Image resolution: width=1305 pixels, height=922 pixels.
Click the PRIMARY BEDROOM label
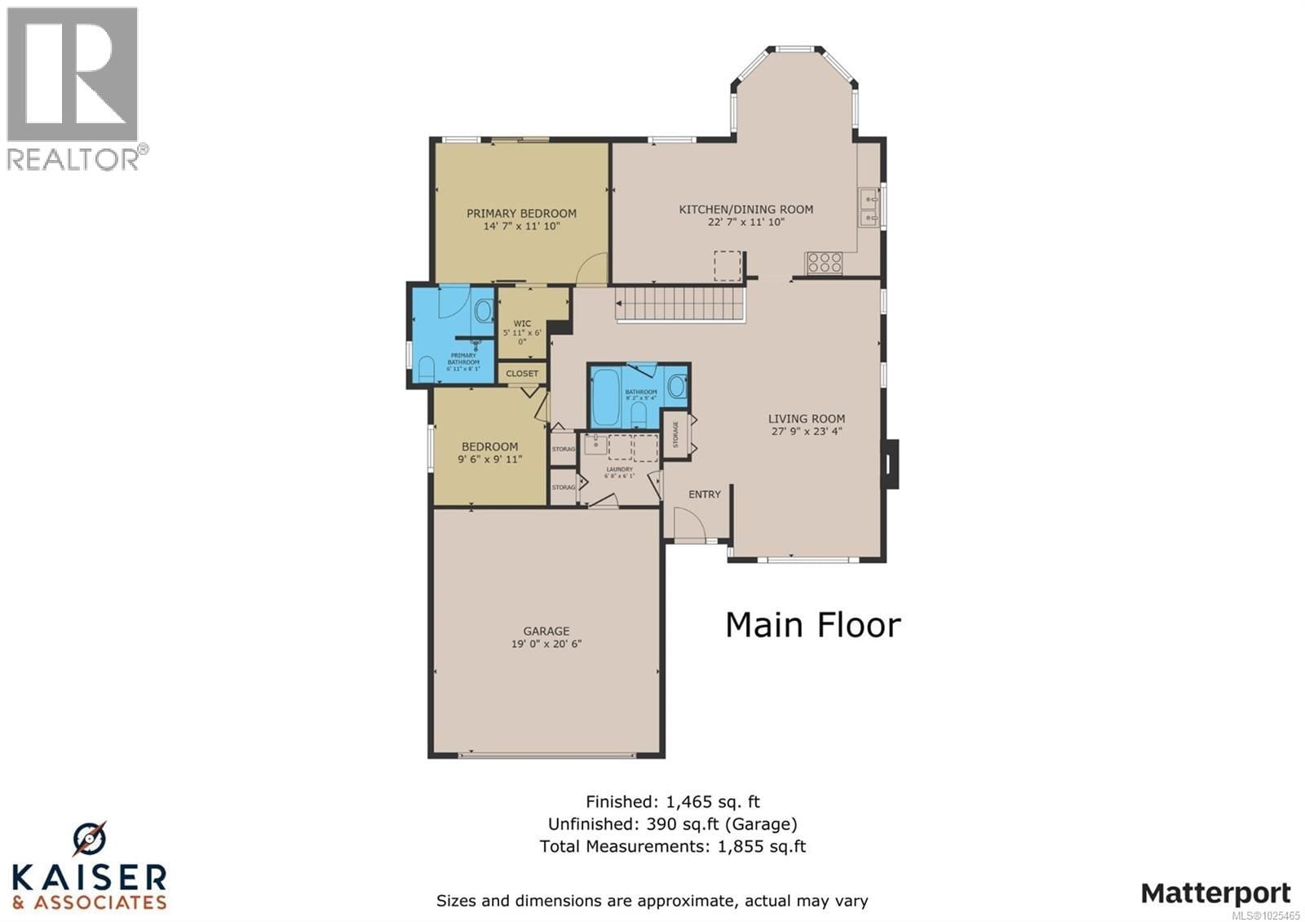[521, 213]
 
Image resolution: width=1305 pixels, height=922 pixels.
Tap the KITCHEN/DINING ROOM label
[745, 209]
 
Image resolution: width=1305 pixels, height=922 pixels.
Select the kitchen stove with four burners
[824, 263]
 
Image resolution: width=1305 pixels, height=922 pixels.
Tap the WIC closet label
[522, 324]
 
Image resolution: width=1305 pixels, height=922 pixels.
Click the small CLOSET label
[522, 374]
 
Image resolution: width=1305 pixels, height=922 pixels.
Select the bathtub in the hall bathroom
[606, 398]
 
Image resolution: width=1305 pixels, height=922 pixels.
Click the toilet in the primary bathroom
[425, 370]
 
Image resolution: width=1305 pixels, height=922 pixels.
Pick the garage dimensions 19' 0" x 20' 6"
[546, 644]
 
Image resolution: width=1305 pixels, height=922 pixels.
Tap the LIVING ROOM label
[806, 419]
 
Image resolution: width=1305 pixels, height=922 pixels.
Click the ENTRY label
[704, 494]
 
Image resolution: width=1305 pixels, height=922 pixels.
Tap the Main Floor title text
[812, 626]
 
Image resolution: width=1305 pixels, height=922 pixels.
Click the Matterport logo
[1215, 893]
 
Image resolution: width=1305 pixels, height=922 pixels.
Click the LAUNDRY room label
[619, 469]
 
